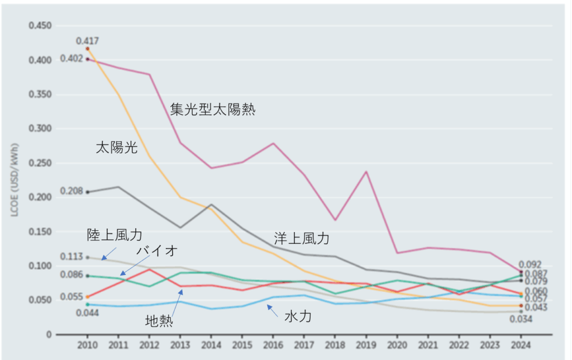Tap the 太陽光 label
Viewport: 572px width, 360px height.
[116, 148]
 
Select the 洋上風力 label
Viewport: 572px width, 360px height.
[302, 239]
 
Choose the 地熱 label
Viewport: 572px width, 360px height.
[159, 321]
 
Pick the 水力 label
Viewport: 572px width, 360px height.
[298, 317]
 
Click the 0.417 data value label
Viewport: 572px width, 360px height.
[88, 41]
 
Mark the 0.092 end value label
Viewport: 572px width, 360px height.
[530, 264]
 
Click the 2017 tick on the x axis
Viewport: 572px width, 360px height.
[304, 345]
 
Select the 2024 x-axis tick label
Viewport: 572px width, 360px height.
[521, 345]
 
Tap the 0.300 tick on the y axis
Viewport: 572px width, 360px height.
[40, 129]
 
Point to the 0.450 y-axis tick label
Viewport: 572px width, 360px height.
[40, 26]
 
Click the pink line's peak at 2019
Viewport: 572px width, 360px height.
[366, 172]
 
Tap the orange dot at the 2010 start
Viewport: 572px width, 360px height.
[88, 49]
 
